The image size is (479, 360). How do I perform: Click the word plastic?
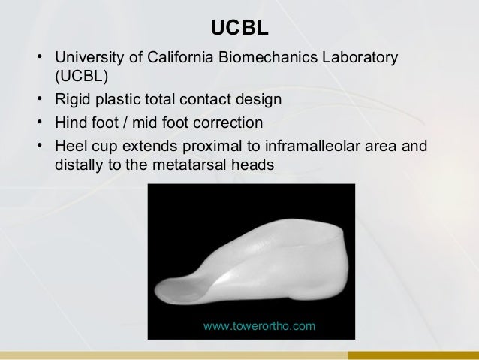(117, 99)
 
